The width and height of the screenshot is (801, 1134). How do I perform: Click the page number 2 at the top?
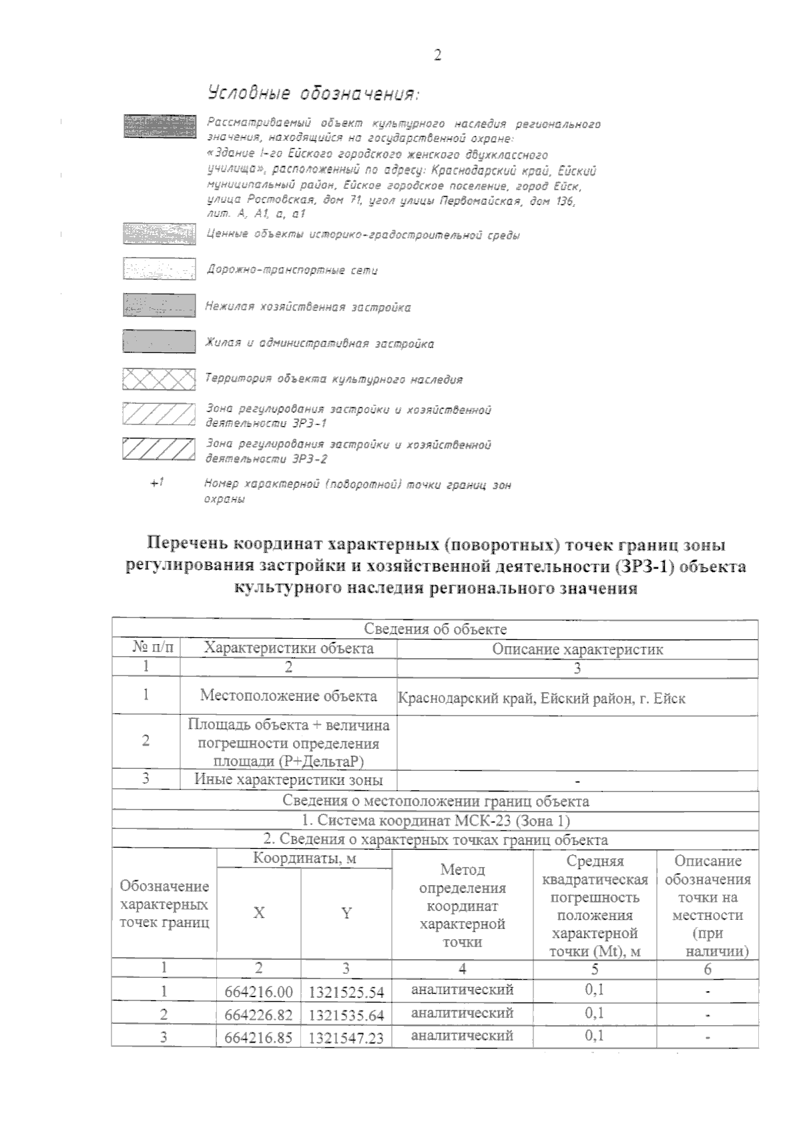coord(438,55)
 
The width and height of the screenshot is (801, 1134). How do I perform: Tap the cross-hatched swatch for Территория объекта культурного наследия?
coord(159,379)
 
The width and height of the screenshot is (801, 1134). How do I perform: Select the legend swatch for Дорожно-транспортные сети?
coord(159,269)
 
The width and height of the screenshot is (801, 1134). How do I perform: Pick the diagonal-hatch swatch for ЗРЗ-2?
coord(159,449)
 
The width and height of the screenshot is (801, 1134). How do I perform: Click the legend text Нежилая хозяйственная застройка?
coord(308,307)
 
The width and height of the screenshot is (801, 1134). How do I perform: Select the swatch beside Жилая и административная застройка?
coord(159,342)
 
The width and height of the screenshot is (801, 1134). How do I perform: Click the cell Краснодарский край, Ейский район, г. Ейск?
coord(541,699)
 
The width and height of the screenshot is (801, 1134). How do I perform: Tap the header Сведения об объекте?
coord(435,629)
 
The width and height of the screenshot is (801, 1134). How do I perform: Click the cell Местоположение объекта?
coord(288,695)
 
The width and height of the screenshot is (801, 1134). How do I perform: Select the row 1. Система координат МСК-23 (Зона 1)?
coord(435,820)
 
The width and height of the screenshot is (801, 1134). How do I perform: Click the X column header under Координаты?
coord(259,912)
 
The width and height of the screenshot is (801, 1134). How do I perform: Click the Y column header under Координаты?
coord(346,913)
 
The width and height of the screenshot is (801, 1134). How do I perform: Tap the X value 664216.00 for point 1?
coord(259,992)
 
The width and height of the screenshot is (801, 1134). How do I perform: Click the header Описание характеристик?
coord(577,649)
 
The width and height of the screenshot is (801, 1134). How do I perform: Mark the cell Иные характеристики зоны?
coord(288,779)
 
